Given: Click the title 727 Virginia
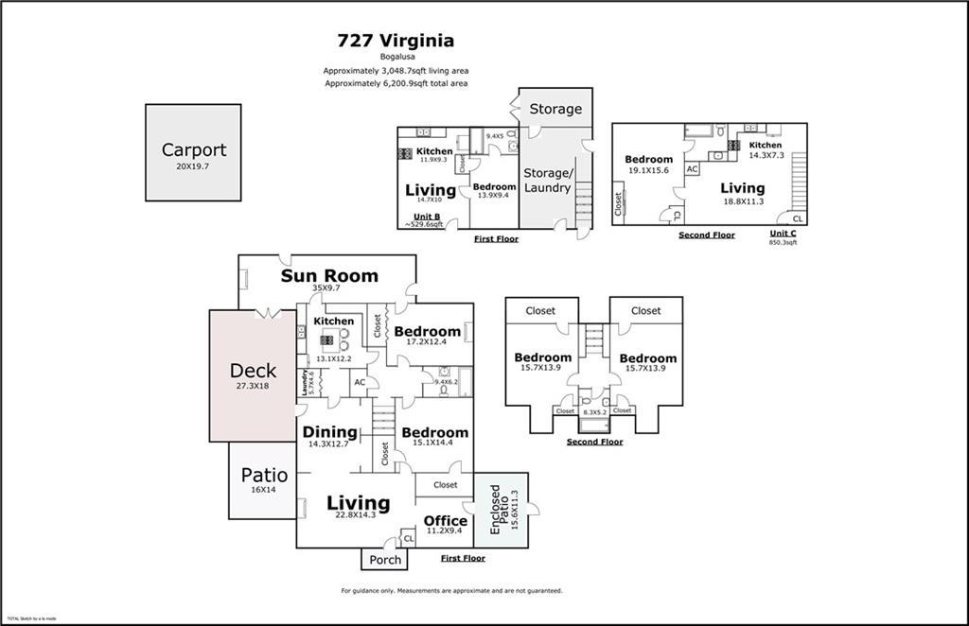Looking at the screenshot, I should point(396,41).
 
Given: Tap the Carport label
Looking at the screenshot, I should point(193,149).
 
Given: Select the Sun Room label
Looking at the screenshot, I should point(329,276).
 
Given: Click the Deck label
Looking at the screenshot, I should point(253,371).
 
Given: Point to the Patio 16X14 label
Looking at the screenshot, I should point(263,476).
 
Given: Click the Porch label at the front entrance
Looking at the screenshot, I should point(385,560).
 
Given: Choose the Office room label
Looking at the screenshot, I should point(445,521).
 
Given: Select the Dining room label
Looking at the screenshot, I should point(329,432).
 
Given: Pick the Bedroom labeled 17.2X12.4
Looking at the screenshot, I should point(427,332).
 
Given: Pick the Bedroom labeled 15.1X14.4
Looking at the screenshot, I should point(434,433).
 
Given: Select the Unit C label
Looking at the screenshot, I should point(783,233).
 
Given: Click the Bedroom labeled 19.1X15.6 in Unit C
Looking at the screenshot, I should point(648,159).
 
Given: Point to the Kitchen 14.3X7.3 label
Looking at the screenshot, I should point(766,146).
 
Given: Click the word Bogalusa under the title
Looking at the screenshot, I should point(396,57).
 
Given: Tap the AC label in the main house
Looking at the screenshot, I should point(360,382).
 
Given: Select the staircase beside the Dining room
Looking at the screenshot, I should point(382,416).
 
